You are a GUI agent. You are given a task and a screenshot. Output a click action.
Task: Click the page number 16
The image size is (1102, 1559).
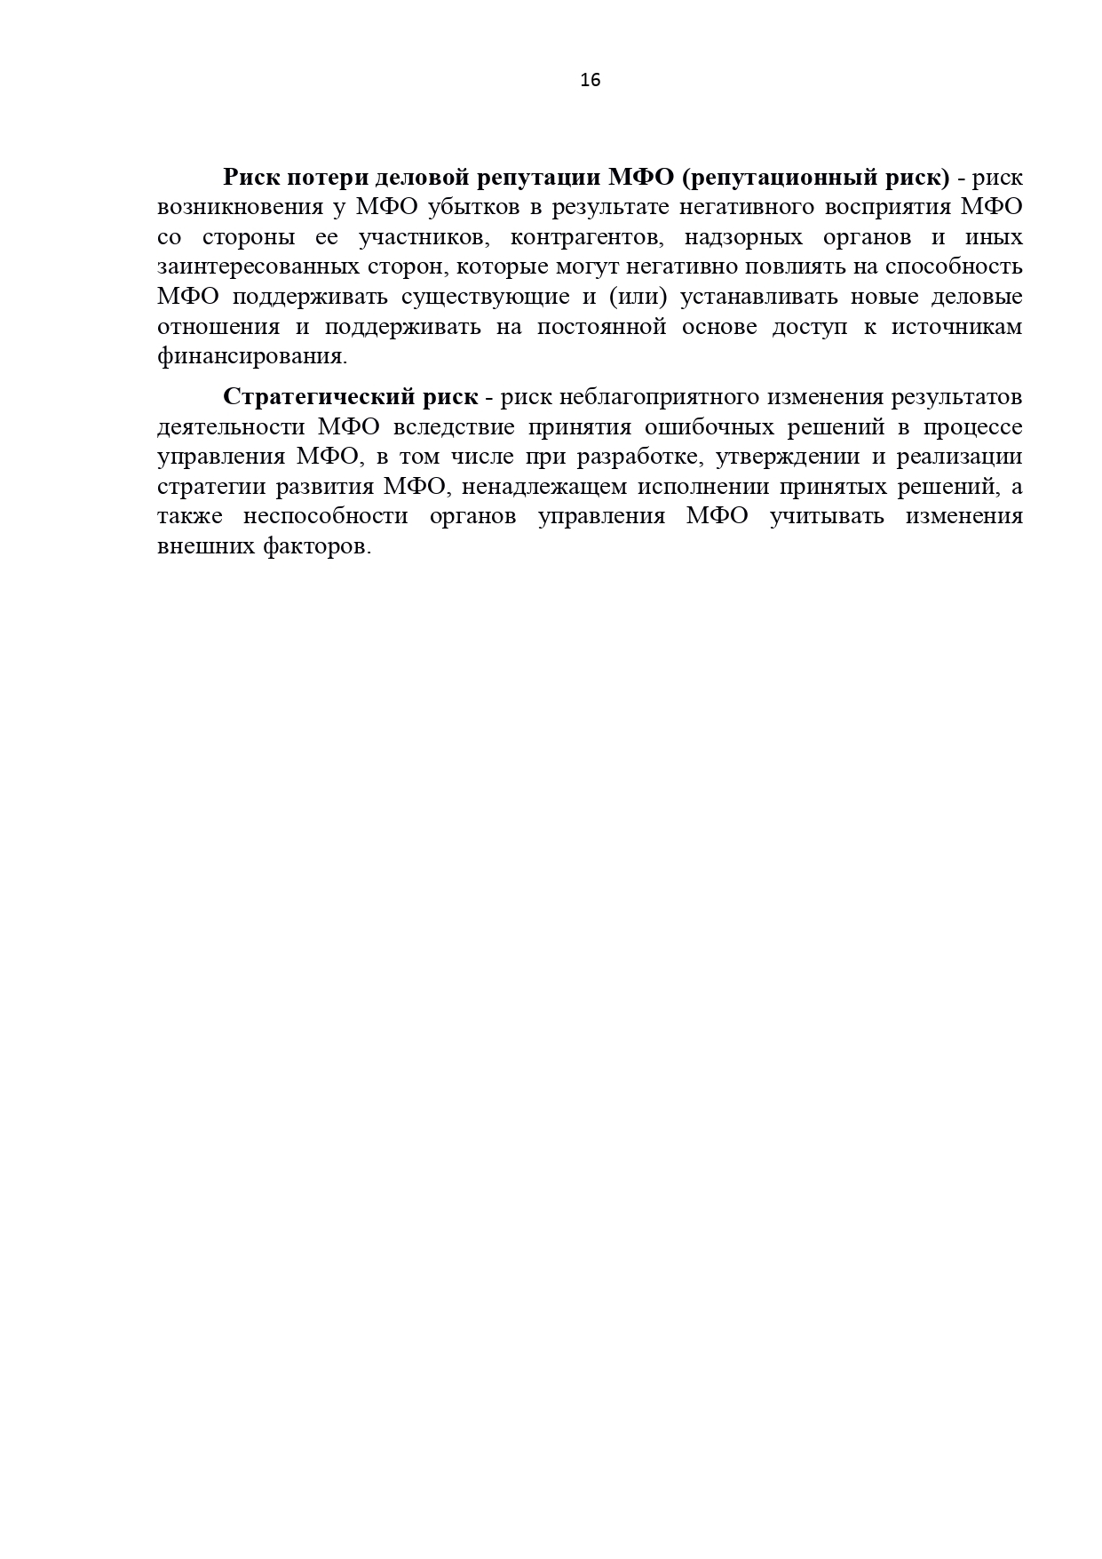(x=590, y=80)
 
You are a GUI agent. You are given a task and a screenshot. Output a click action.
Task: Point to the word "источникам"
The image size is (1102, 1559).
(x=956, y=326)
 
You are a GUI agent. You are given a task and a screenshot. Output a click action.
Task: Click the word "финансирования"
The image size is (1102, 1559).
(x=251, y=356)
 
